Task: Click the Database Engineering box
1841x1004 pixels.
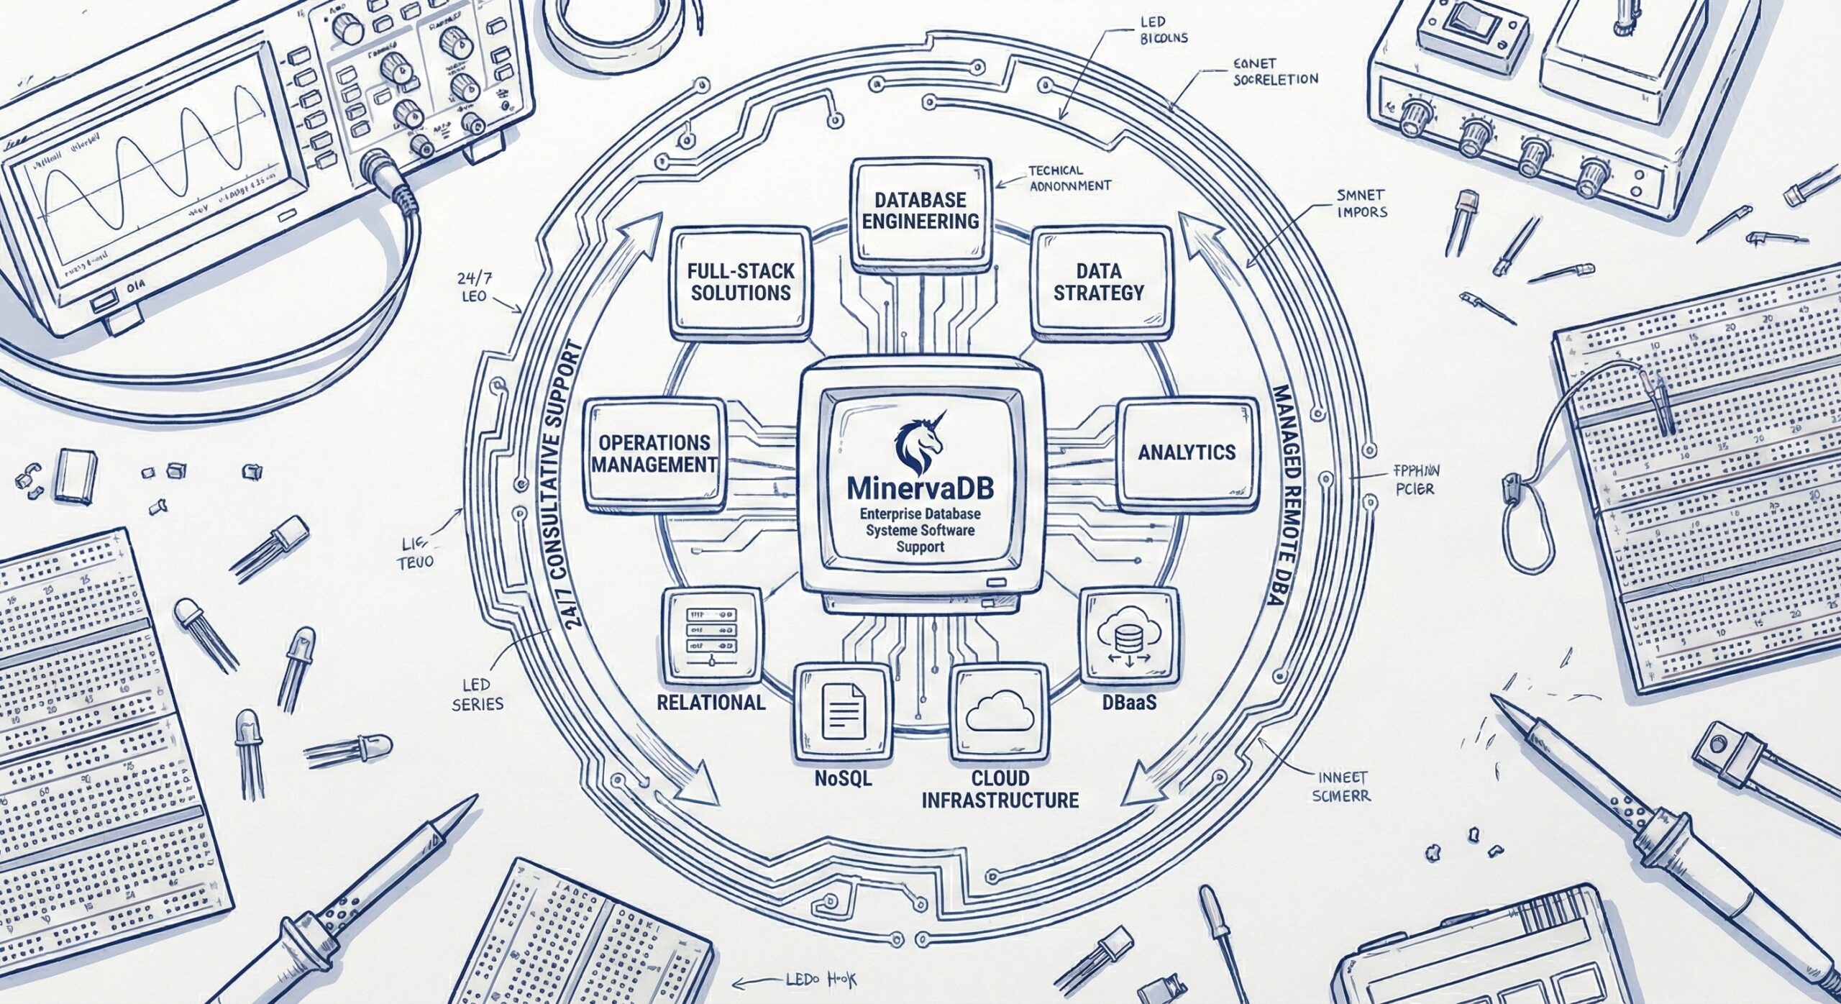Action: [x=920, y=210]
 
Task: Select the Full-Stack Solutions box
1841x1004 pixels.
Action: [x=741, y=282]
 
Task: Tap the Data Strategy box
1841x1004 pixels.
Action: [x=1099, y=282]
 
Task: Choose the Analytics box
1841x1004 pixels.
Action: [x=1187, y=452]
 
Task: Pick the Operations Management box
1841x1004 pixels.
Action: [x=654, y=452]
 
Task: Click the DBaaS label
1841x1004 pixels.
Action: [x=1129, y=701]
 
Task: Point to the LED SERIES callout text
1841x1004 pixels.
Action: [x=478, y=693]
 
